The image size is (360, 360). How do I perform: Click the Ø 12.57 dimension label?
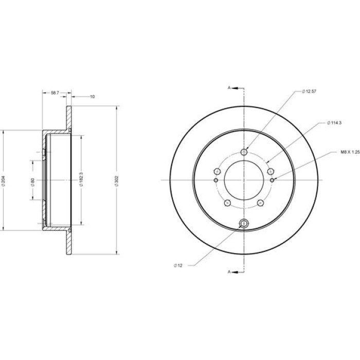coord(309,91)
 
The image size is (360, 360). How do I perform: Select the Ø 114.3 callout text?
coord(334,123)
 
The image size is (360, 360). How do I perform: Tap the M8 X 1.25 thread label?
coord(350,152)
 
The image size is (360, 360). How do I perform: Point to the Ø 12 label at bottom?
coord(178,265)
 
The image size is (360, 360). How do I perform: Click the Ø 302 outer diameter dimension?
coord(116,181)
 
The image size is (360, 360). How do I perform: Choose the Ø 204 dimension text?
coord(3,181)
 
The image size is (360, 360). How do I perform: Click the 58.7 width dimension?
coord(55,93)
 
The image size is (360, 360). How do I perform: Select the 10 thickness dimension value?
coord(92,97)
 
